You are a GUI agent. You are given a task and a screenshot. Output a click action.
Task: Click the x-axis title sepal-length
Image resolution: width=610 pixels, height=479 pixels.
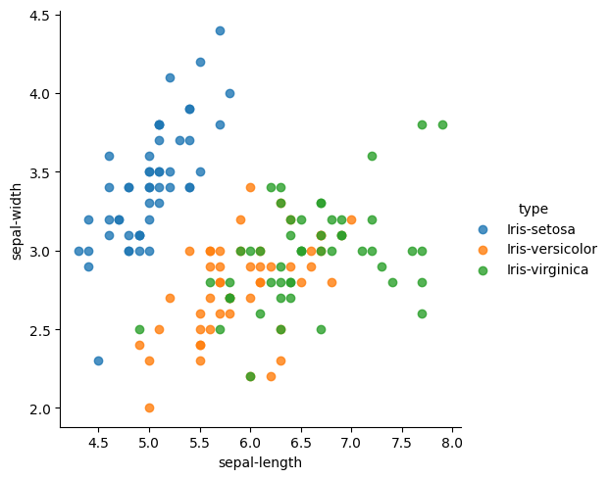(260, 462)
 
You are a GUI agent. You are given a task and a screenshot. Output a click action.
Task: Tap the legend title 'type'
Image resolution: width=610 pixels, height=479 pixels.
(534, 209)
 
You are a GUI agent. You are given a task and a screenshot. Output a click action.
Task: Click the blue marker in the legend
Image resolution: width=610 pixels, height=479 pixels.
(483, 229)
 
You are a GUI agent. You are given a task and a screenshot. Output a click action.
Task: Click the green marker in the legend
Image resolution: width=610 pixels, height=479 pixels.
(483, 269)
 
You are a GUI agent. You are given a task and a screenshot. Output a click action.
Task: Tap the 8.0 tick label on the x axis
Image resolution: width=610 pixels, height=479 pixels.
(452, 443)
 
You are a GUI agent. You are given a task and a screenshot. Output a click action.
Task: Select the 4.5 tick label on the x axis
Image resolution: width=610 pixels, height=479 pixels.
(98, 443)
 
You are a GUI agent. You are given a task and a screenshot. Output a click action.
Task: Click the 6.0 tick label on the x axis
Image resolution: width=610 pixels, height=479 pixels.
(250, 443)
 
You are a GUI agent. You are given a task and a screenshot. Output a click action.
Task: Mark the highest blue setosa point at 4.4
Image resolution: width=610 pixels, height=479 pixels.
(220, 30)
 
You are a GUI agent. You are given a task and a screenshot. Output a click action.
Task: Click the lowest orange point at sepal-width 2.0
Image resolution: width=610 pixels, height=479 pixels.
(149, 407)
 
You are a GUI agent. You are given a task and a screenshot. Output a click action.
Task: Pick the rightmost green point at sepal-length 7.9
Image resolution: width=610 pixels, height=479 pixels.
(442, 124)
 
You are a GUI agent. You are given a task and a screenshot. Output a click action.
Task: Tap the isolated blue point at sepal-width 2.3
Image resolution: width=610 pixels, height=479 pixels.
(98, 360)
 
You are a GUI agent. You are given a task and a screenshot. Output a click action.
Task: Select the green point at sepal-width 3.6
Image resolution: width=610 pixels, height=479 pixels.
(372, 156)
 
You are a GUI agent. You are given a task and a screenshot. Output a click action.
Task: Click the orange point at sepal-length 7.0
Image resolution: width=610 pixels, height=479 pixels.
(351, 219)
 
